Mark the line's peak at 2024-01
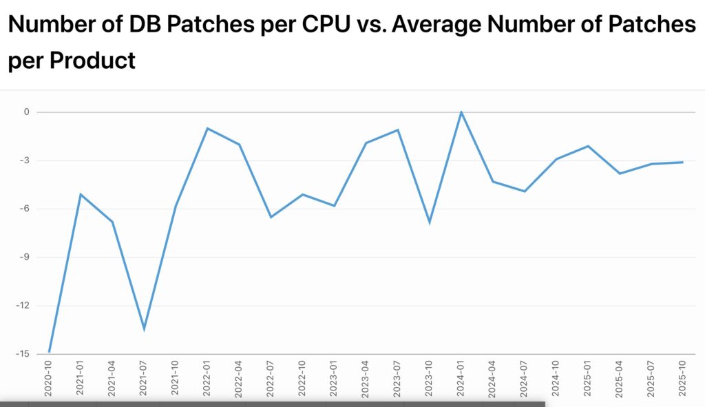click(461, 112)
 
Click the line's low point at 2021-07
click(144, 328)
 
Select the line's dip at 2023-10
click(430, 222)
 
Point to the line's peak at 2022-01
click(207, 128)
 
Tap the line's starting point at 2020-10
click(50, 352)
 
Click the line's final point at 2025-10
click(683, 163)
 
